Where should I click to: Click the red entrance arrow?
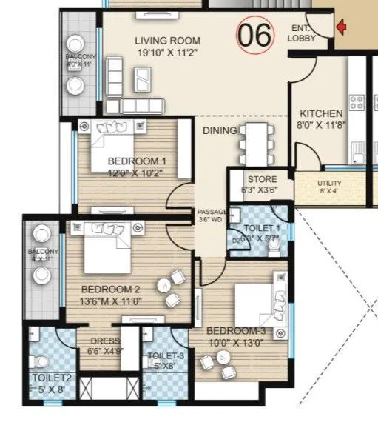pos(341,28)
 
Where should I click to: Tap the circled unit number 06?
pos(254,33)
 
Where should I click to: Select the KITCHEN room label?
pos(321,113)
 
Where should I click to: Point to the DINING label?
pos(219,130)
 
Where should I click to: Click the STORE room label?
pos(262,178)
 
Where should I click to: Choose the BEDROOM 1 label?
pos(137,161)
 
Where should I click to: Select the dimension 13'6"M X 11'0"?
pos(111,301)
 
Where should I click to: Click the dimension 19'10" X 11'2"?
pos(166,53)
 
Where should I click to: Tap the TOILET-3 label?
pos(166,355)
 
